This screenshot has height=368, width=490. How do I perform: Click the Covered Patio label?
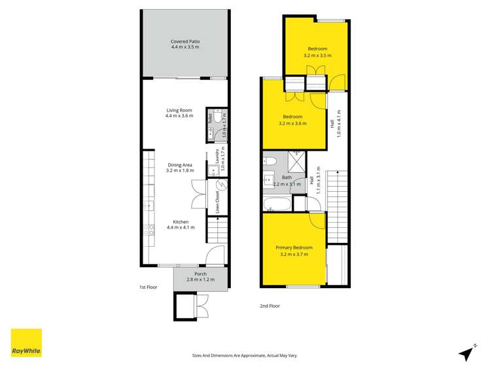185,41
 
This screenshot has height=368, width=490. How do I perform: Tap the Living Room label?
179,110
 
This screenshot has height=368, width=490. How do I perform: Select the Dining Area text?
179,165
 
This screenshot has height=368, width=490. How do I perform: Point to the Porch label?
201,274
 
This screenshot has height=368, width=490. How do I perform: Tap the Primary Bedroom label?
294,248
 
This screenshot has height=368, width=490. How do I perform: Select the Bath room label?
287,177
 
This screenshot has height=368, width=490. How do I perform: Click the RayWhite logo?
26,342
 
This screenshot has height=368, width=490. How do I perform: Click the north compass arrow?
466,353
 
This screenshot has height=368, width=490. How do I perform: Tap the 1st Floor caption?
149,287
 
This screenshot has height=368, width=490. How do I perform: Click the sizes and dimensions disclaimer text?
244,355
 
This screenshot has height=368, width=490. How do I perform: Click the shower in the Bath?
297,161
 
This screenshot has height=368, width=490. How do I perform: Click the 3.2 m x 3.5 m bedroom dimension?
317,56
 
